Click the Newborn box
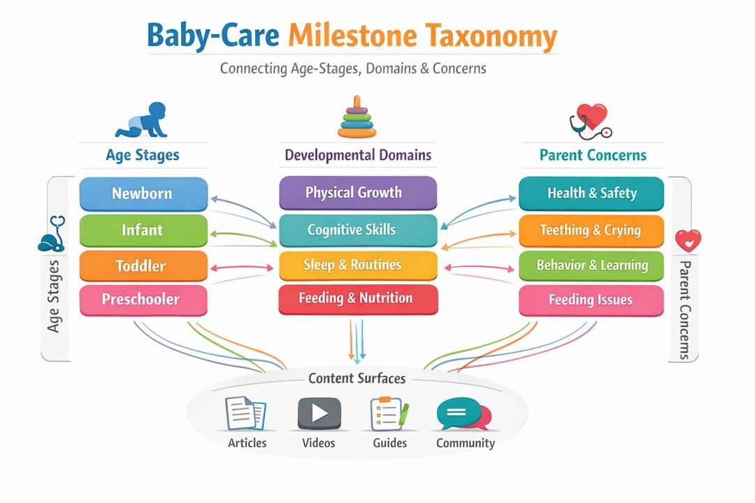143,194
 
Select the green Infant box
143,230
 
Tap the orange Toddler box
143,266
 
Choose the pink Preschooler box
143,300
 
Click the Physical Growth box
357,193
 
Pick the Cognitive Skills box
357,230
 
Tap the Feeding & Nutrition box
357,299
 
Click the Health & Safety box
591,194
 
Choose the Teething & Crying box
591,230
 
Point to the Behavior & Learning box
591,265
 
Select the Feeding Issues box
591,300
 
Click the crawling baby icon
142,119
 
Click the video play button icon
319,413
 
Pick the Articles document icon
245,413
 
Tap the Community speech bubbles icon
463,414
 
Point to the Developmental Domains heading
358,154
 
